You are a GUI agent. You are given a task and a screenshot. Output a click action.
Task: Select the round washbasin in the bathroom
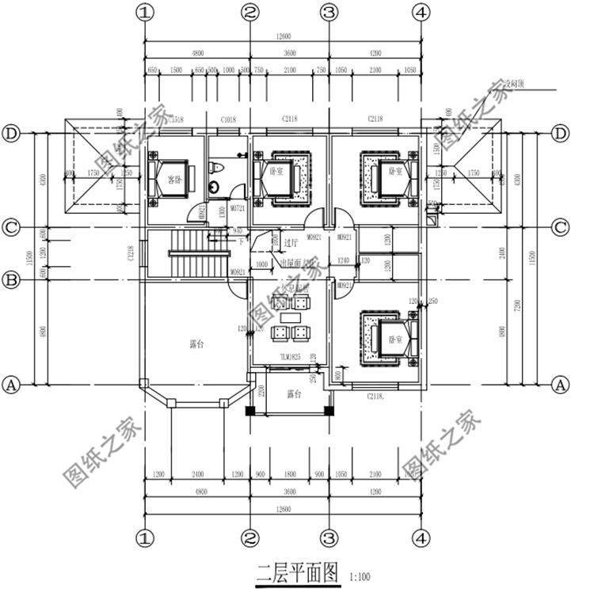coord(215,188)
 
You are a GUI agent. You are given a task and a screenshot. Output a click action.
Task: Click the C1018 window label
coord(229,120)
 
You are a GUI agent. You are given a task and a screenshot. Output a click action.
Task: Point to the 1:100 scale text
coord(359,575)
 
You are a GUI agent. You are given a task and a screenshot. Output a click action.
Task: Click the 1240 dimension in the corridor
coord(343,260)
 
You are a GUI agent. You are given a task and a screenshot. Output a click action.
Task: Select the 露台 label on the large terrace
coord(197,344)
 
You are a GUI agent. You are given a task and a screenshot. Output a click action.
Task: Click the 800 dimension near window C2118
coord(339,376)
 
